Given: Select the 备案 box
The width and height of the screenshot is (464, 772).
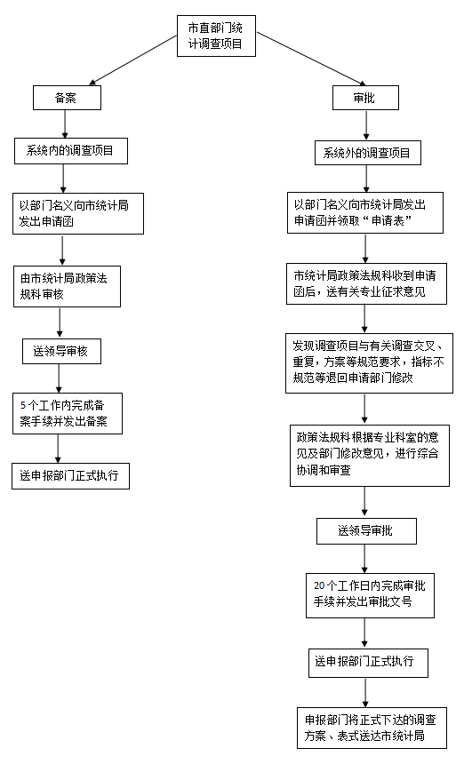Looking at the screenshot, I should click(65, 98).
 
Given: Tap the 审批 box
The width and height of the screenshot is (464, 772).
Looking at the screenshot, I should click(364, 98).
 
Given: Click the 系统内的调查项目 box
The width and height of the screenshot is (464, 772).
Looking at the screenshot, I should click(71, 151).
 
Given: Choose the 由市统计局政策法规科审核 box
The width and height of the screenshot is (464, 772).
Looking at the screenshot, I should click(71, 286).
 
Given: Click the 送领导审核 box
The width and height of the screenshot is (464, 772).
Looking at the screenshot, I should click(60, 351).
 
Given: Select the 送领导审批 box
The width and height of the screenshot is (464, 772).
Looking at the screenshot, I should click(366, 531).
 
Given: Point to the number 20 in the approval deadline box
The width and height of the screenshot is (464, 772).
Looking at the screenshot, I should click(319, 585).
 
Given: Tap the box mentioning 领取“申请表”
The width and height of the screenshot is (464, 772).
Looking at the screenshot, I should click(364, 212).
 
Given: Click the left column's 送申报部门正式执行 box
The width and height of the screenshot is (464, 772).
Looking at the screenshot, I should click(70, 475).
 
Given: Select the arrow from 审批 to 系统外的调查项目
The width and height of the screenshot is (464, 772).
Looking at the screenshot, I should click(364, 125).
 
